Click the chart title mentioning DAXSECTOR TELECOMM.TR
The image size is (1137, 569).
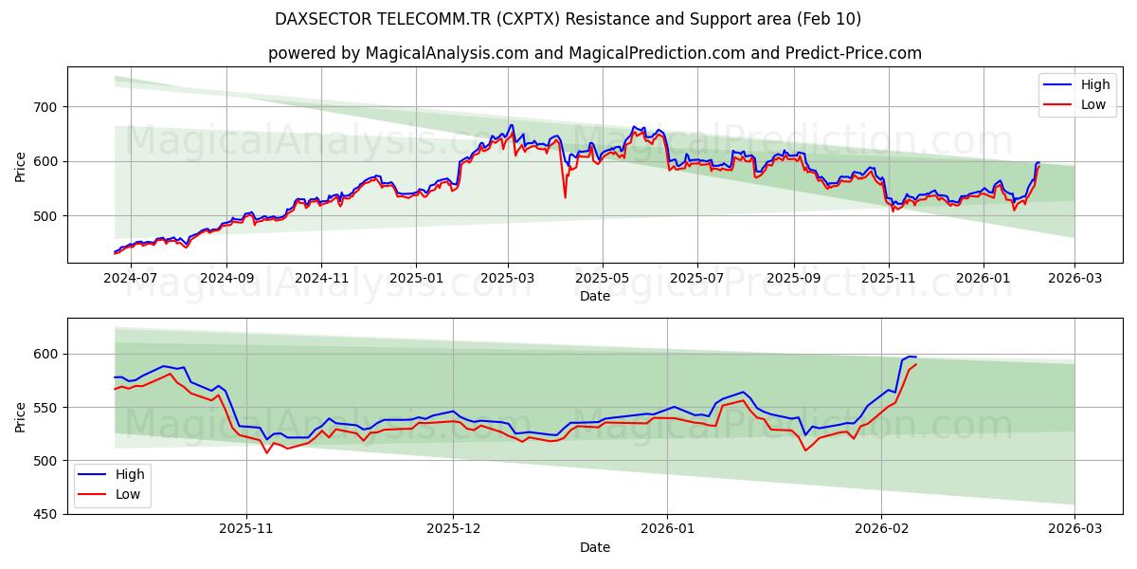coord(568,19)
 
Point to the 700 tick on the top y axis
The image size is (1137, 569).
coord(46,107)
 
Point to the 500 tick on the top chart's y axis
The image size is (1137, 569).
coord(46,216)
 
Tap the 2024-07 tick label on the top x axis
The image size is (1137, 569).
coord(130,279)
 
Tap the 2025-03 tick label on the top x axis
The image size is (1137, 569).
coord(509,279)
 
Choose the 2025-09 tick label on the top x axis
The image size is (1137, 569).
coord(793,279)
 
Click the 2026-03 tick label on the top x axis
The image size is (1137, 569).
coord(1074,279)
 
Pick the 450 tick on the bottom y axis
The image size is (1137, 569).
coord(46,514)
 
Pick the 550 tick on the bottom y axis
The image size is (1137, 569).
coord(46,408)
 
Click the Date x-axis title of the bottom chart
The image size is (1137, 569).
coord(594,547)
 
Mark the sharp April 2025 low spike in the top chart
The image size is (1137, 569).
coord(565,196)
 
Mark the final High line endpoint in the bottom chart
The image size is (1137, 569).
coord(916,358)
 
